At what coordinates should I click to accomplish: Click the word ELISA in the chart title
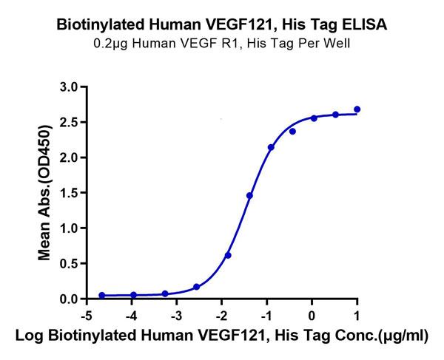click(365, 25)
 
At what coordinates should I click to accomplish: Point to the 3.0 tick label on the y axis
click(68, 87)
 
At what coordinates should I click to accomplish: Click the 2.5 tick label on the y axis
click(68, 122)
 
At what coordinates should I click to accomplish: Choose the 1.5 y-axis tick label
click(68, 193)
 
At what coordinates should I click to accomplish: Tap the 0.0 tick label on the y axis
click(68, 299)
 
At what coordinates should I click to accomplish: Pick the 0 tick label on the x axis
click(312, 313)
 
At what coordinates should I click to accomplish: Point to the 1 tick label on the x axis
click(357, 313)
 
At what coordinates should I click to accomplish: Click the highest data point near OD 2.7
click(357, 109)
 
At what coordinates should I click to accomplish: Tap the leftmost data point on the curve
click(101, 295)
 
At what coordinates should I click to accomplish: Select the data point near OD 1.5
click(249, 196)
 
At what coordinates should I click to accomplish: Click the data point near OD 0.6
click(228, 256)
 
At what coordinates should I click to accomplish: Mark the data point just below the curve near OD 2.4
click(292, 132)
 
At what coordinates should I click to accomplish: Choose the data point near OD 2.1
click(271, 148)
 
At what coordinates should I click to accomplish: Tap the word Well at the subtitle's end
click(336, 44)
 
